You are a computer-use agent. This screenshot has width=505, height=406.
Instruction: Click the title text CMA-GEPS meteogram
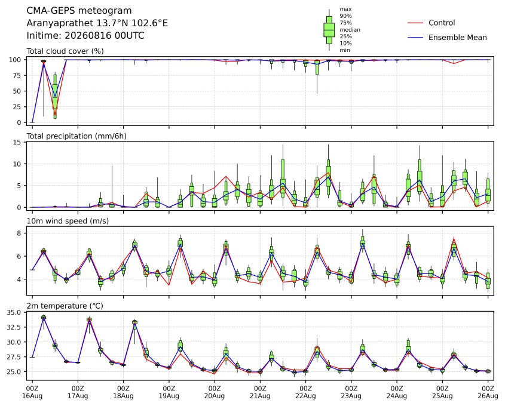79,11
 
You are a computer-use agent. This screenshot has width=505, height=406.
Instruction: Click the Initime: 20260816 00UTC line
85,35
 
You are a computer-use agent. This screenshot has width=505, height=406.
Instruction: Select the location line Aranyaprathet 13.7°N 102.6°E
97,23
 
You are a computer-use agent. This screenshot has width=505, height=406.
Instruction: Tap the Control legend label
442,23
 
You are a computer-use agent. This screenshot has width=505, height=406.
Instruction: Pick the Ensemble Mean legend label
457,38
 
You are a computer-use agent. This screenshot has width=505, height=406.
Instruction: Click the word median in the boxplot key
350,30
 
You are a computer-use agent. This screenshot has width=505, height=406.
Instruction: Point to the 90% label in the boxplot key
345,16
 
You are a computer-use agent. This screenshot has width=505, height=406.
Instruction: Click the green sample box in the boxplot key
329,30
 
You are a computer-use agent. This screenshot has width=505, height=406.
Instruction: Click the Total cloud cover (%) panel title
65,51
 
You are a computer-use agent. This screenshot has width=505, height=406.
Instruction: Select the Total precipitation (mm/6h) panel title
76,136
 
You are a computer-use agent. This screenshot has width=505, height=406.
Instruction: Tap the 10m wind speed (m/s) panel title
68,221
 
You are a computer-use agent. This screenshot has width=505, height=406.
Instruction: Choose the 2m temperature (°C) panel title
65,306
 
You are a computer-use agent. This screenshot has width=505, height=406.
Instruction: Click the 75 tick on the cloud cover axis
17,76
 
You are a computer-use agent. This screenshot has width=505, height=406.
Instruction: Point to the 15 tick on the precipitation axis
17,142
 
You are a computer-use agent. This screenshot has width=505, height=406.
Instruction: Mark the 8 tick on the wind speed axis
19,233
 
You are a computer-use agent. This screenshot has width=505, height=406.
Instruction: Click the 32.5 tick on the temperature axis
14,327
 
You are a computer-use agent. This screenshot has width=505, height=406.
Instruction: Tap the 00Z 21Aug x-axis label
260,392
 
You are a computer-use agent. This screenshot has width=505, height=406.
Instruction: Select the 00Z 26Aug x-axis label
488,392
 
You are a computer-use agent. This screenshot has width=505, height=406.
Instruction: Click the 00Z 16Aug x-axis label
32,392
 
